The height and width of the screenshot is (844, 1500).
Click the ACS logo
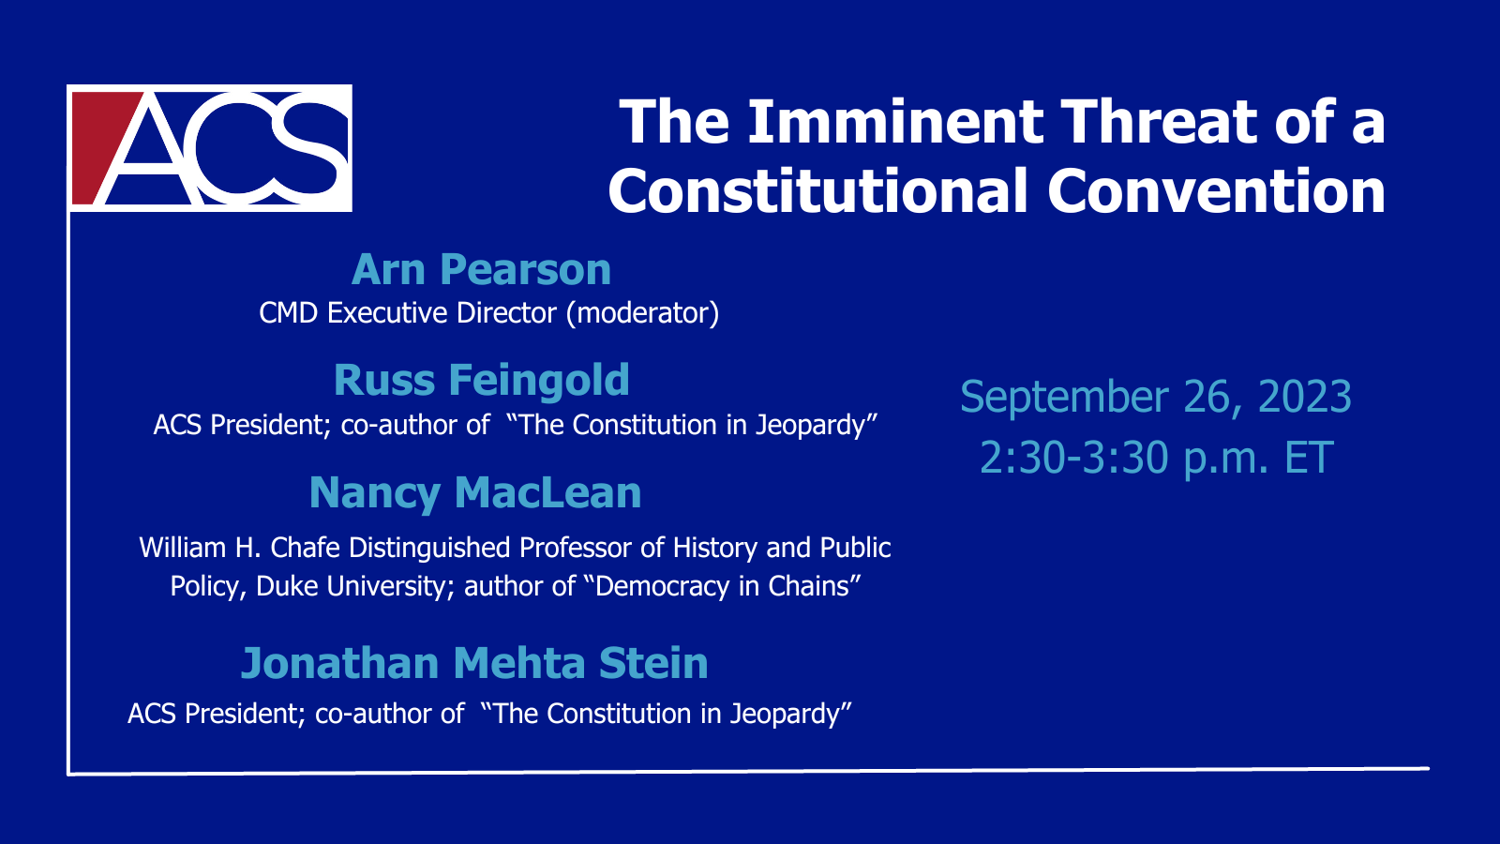coord(210,148)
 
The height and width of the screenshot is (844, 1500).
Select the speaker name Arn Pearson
coord(481,269)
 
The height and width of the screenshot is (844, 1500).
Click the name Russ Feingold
coord(482,381)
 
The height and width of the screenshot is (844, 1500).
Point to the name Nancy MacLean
coord(475,493)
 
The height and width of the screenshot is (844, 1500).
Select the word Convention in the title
coord(1216,190)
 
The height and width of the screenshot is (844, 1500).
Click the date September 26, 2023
coord(1156,396)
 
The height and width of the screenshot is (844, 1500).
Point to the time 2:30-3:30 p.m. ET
coord(1157,458)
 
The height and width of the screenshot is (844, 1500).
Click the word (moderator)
coord(643,313)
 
